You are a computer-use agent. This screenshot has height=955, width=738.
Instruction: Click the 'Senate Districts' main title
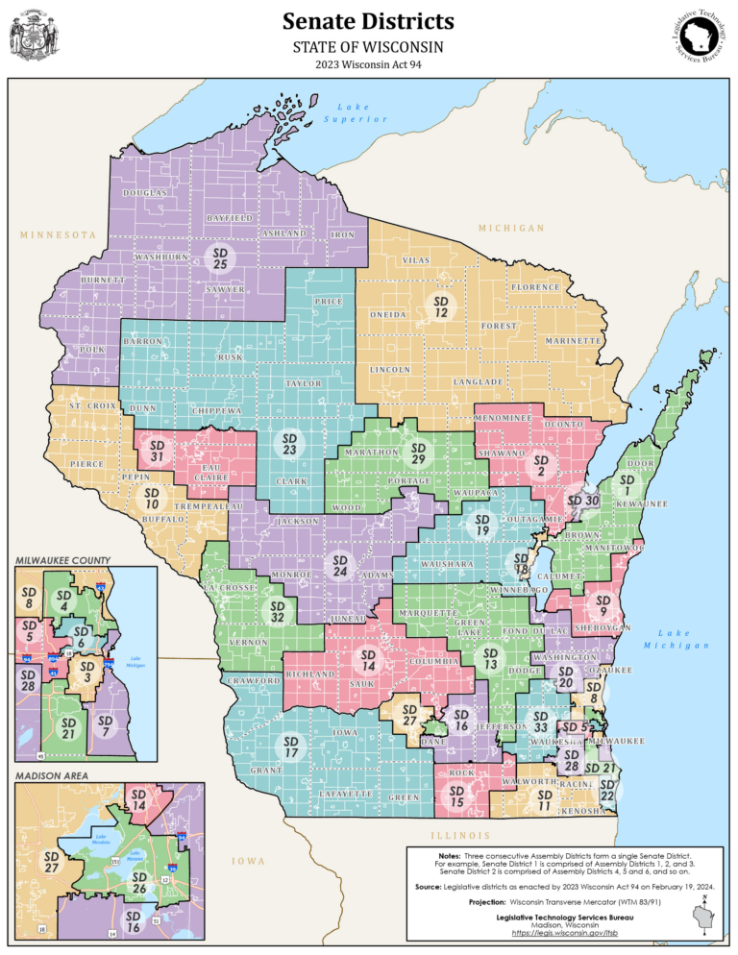coord(369,21)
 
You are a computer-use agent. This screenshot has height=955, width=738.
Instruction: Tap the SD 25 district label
coord(220,257)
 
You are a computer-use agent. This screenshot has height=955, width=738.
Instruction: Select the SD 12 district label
coord(440,306)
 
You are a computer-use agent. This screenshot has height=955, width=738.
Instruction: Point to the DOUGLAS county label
coord(146,193)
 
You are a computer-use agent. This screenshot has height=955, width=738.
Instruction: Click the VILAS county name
coord(415,260)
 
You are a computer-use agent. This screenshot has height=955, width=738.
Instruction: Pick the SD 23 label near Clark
coord(288,443)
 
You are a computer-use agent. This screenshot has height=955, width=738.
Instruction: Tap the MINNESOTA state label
coord(59,234)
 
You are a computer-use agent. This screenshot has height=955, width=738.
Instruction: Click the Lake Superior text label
coord(355,112)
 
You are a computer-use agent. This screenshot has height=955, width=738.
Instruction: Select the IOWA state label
coord(247,861)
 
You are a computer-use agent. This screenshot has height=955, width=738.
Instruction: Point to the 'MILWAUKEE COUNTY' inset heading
coord(62,559)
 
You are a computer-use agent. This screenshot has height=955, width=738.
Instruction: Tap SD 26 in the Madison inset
coord(139,883)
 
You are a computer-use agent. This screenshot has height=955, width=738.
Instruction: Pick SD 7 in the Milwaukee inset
coord(106,726)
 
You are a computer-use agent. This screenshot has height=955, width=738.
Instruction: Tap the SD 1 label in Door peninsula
coord(627,484)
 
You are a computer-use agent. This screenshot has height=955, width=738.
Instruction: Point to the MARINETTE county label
coord(573,341)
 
